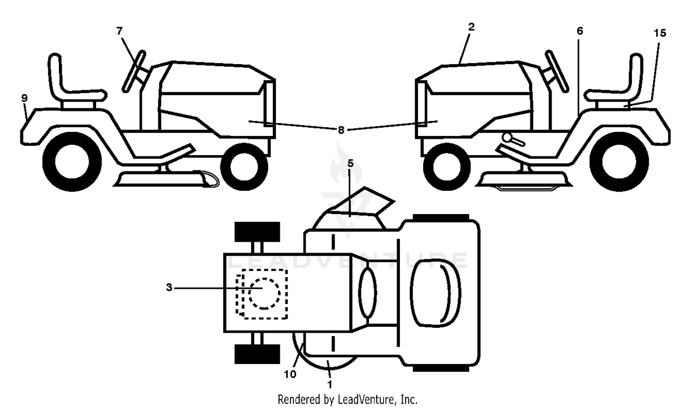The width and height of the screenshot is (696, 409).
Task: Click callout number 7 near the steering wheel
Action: coord(120,31)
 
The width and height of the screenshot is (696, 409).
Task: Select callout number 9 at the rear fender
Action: coord(25,98)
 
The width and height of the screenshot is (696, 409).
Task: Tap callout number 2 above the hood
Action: coord(471,27)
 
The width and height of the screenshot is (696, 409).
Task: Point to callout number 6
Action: coord(580,31)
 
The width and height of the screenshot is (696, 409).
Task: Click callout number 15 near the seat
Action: coord(660,33)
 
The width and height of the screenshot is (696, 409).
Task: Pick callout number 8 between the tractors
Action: coord(341,130)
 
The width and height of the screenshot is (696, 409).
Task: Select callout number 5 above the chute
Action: coord(350,163)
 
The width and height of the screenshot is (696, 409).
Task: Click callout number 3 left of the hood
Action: coord(169,287)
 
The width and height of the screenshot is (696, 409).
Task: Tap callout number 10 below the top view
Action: coord(290,375)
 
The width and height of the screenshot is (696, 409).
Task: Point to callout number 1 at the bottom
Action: coord(330,385)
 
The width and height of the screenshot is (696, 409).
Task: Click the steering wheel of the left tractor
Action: coord(134,71)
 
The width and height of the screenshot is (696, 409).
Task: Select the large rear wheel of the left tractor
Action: coord(72,162)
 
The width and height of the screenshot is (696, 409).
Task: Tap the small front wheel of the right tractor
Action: coord(447,167)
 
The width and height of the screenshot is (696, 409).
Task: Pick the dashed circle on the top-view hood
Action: coord(264,293)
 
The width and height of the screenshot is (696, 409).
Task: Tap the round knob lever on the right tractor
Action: coord(513,140)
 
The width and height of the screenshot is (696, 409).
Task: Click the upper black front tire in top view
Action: coord(257,232)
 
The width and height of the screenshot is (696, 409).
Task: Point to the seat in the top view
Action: coord(435,293)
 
